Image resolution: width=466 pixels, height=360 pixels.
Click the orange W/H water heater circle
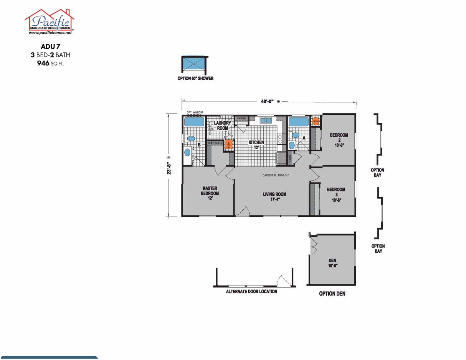pos(315,121)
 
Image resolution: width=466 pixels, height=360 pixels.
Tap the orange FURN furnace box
pos(228,145)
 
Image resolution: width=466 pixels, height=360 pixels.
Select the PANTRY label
pos(241,119)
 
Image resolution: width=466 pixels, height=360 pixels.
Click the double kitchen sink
pos(266,120)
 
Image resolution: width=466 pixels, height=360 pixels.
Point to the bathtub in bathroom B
pos(194,122)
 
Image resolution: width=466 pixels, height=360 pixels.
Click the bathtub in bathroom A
pos(298,122)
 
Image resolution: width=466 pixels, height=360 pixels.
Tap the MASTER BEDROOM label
pos(210,191)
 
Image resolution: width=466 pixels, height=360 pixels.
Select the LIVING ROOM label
pos(274,197)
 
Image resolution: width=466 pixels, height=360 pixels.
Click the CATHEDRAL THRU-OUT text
pos(276,175)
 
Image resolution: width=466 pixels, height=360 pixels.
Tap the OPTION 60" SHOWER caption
pos(195,79)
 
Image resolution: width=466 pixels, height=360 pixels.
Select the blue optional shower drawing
pos(194,63)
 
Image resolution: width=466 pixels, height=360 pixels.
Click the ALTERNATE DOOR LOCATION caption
pos(251,291)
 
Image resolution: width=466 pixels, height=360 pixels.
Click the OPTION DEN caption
pos(332,294)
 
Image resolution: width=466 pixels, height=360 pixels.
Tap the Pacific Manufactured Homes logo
pos(49,22)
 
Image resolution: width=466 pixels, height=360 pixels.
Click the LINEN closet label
pos(290,157)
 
